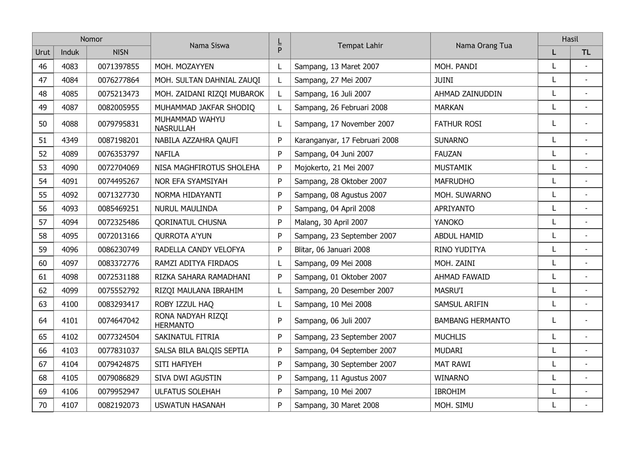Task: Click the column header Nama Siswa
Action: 209,46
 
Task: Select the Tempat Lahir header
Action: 360,46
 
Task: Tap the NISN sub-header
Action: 120,52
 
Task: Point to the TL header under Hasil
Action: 586,52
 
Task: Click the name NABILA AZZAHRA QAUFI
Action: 196,140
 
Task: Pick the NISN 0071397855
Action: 118,66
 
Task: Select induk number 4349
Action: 70,140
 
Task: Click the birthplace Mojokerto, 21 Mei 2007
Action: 334,168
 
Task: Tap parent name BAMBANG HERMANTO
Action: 472,321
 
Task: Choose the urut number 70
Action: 43,405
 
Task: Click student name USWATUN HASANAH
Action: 190,405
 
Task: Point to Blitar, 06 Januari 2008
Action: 332,250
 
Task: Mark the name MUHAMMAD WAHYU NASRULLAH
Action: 190,124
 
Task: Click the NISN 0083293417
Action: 118,304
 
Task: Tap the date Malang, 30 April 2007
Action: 331,222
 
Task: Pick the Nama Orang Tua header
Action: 484,46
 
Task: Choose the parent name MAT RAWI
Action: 452,364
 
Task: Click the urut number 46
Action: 43,66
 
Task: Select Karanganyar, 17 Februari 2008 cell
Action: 346,140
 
